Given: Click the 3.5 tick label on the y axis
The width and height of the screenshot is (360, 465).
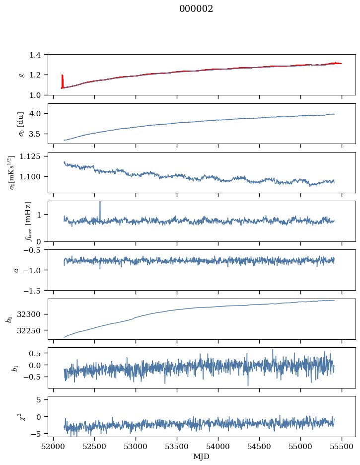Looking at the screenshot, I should click(x=37, y=134).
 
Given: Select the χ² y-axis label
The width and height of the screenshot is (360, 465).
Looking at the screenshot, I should click(x=21, y=416).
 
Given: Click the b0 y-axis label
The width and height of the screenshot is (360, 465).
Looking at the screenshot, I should click(x=8, y=319).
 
